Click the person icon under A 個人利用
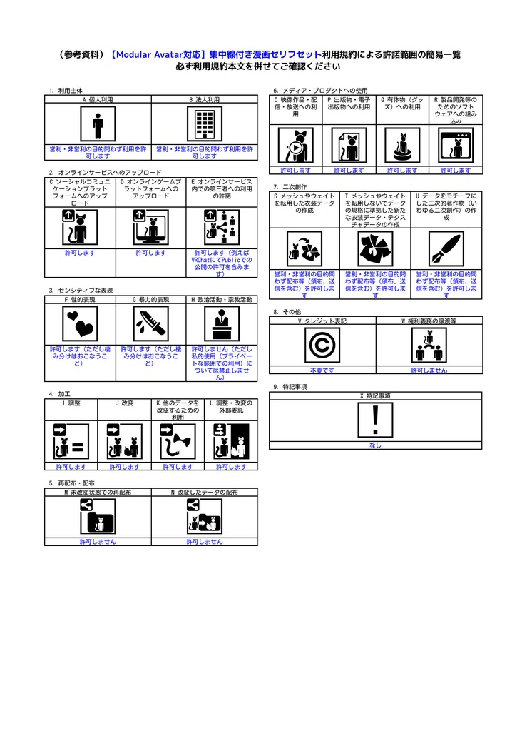(98, 125)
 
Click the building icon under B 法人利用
(205, 125)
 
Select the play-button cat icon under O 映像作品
(295, 146)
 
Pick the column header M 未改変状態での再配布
(98, 492)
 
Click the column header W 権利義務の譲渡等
(429, 321)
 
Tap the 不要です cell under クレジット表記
(322, 370)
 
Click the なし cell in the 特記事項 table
(375, 445)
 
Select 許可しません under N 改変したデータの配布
(205, 542)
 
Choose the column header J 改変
(124, 403)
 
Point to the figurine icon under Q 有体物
(402, 146)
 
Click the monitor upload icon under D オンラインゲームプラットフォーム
(150, 228)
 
